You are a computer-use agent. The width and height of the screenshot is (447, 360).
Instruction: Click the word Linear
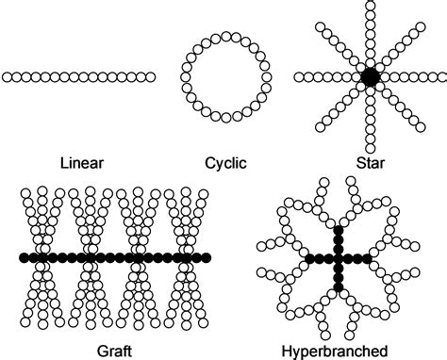pyautogui.click(x=82, y=162)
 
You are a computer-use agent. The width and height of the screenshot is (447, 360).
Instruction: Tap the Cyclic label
pyautogui.click(x=225, y=162)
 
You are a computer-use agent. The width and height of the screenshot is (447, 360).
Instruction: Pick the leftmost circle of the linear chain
pyautogui.click(x=8, y=77)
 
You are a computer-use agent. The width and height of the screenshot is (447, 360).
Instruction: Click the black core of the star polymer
pyautogui.click(x=369, y=76)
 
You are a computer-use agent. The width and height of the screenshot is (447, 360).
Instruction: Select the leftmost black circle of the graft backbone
pyautogui.click(x=24, y=257)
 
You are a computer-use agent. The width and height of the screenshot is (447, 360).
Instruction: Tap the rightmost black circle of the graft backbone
pyautogui.click(x=207, y=257)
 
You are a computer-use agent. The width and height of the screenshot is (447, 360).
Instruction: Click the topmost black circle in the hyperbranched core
pyautogui.click(x=339, y=229)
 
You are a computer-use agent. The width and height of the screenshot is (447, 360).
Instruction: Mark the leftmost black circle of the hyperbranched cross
pyautogui.click(x=309, y=258)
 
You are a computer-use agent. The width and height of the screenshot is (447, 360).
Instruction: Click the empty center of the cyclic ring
pyautogui.click(x=225, y=77)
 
